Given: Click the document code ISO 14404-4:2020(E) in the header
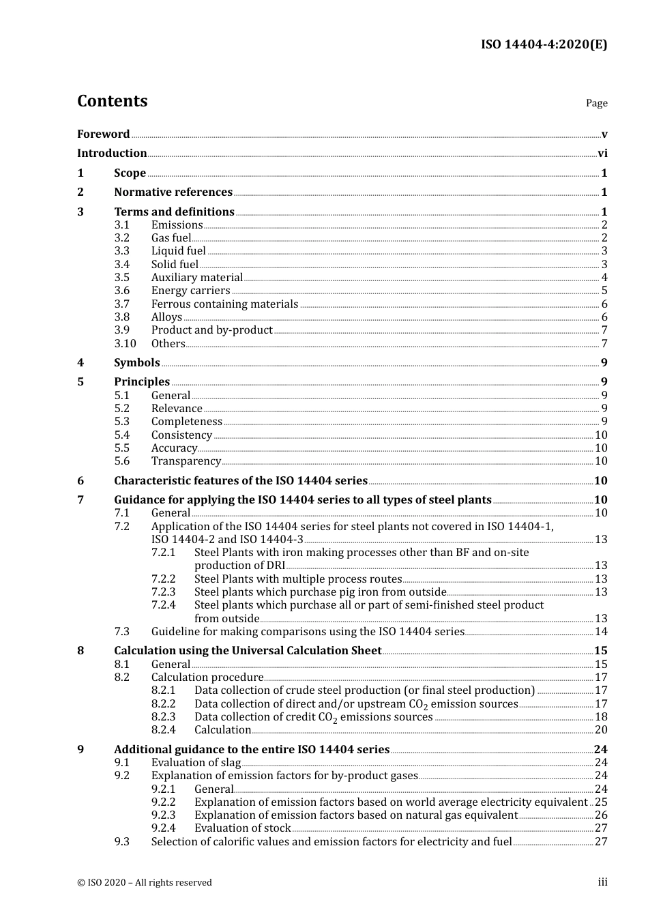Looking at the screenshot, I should (544, 45).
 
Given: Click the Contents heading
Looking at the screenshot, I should (112, 101).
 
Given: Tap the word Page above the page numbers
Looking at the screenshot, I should (596, 103).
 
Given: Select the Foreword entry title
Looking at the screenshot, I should (103, 134).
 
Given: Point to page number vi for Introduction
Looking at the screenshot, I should (602, 154).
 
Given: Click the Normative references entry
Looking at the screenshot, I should (173, 192).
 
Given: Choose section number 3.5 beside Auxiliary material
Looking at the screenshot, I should (122, 278).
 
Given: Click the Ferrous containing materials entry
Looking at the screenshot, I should (224, 304).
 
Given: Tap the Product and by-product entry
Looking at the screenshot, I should (211, 330).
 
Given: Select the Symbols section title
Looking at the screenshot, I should (137, 363).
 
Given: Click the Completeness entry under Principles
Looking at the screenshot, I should (186, 422).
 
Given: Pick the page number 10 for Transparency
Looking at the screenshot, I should (601, 461).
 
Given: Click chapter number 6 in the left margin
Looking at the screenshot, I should (80, 481).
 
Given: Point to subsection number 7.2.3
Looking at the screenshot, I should (163, 592).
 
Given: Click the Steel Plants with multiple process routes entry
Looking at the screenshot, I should (298, 579).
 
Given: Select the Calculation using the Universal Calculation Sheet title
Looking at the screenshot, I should (248, 651).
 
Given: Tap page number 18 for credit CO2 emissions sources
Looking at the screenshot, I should (601, 717).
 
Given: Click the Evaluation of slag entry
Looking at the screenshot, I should (196, 763).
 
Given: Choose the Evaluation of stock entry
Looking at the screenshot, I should (242, 828).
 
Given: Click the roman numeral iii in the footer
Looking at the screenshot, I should (602, 882).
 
